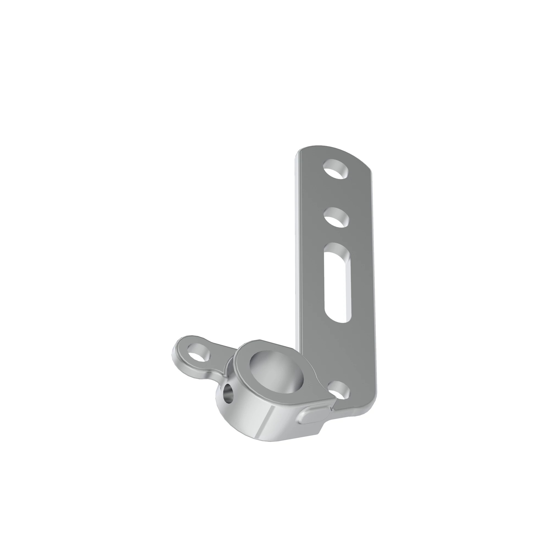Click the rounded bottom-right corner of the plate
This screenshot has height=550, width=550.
coord(370,410)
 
